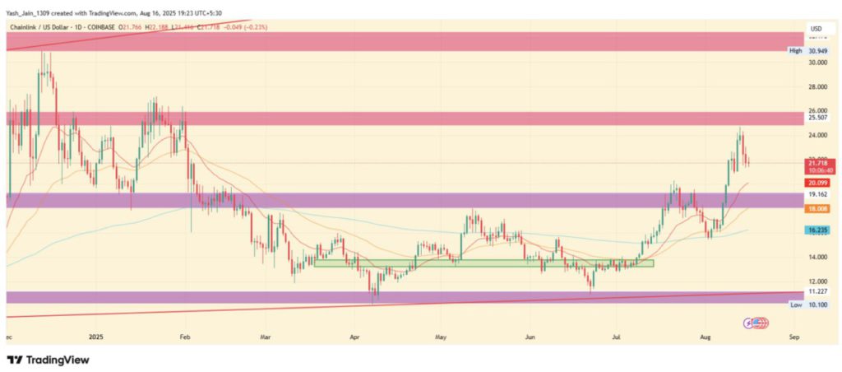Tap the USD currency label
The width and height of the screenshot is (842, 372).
click(x=817, y=29)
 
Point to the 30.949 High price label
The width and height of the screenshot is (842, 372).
click(x=819, y=51)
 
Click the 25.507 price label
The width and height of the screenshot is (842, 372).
click(x=819, y=119)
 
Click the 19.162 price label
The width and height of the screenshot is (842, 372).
click(x=819, y=195)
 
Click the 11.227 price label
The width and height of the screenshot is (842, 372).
click(x=819, y=291)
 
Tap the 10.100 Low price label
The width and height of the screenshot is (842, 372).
click(x=819, y=305)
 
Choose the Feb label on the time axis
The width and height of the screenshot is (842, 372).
click(x=185, y=337)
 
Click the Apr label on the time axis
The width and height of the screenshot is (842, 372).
click(x=355, y=337)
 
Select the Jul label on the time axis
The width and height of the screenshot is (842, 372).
click(x=615, y=337)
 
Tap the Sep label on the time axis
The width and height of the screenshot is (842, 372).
click(x=793, y=337)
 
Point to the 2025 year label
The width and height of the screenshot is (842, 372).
click(x=97, y=337)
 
